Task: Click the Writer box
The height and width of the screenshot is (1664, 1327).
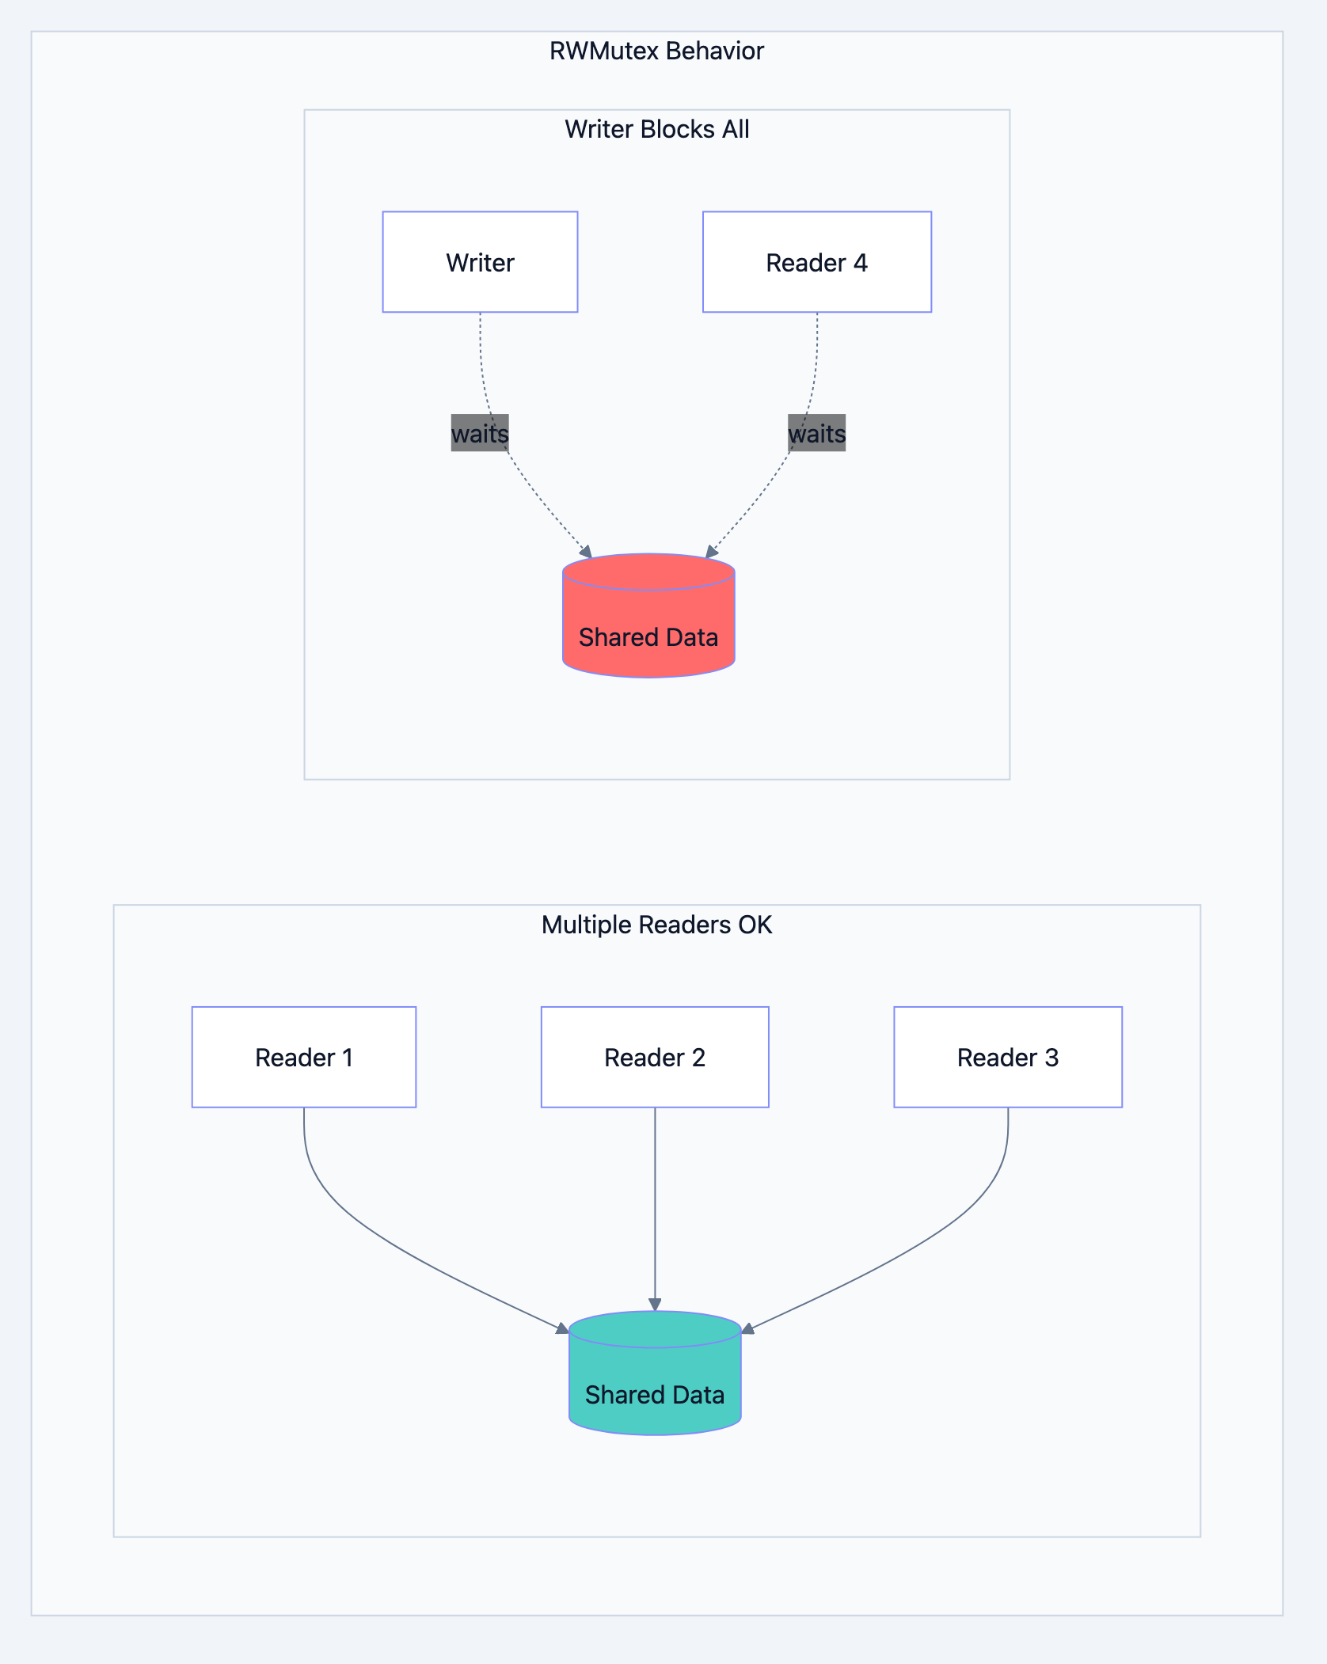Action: point(480,262)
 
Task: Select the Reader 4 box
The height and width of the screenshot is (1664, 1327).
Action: point(816,262)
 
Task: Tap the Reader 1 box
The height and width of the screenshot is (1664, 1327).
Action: point(303,1057)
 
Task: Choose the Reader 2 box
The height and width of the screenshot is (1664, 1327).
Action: point(655,1057)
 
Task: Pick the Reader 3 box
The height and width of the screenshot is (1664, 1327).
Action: point(1007,1057)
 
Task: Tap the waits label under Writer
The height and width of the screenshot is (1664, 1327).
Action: point(480,433)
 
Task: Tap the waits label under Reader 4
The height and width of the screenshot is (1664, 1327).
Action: point(816,433)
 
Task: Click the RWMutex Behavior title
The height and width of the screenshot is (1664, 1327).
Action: point(656,51)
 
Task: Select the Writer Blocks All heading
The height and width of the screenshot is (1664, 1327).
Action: point(656,129)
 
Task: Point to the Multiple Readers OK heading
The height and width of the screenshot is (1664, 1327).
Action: point(656,925)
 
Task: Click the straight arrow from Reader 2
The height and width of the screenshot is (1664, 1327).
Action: point(655,1203)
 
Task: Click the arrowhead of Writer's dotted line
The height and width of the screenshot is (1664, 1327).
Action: point(587,552)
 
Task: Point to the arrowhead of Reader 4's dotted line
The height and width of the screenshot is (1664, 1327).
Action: point(711,552)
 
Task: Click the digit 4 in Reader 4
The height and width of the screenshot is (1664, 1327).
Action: point(860,262)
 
